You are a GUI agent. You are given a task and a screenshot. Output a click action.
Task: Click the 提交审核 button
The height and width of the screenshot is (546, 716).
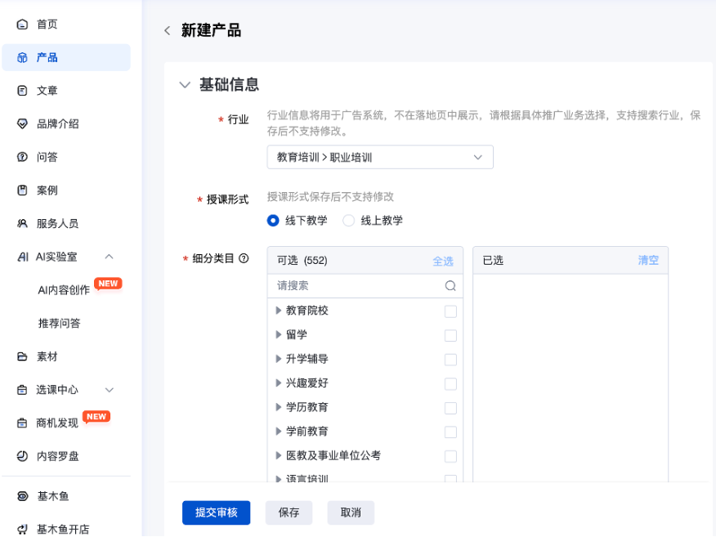point(216,512)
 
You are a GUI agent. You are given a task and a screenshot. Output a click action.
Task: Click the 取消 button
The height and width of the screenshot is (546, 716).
point(351,512)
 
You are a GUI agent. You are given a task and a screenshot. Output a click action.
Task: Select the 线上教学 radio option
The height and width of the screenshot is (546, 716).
point(349,221)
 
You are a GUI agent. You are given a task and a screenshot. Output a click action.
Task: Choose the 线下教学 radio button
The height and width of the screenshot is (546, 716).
point(274,221)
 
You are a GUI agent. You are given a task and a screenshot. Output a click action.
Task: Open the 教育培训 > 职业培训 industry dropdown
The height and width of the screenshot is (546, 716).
point(380,157)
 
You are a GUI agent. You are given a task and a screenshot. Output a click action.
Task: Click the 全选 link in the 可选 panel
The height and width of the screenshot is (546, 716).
point(443,261)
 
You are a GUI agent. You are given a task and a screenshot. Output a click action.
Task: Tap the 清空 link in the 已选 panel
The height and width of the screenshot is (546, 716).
point(648,260)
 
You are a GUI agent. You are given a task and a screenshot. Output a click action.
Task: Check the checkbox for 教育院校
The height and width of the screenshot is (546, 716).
point(450,311)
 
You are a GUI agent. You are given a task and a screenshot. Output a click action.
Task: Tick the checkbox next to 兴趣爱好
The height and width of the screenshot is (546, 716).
point(450,384)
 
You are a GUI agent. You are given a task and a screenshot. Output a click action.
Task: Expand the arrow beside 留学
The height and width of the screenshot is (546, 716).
point(279,335)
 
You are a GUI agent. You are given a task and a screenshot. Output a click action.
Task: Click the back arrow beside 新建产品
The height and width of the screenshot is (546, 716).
point(168,31)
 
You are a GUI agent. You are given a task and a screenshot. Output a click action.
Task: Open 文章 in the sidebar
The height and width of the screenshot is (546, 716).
point(47,91)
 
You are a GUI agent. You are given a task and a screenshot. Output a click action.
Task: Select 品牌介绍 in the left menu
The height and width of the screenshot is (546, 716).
point(57,124)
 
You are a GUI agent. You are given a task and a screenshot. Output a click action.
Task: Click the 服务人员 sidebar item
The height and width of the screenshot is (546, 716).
point(57,223)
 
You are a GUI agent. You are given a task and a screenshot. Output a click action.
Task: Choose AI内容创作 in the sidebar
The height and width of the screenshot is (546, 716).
point(64,290)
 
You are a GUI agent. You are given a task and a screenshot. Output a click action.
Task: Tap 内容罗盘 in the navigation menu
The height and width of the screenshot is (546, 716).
point(57,456)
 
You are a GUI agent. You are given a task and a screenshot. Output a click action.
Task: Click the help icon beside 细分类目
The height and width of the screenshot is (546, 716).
point(244,258)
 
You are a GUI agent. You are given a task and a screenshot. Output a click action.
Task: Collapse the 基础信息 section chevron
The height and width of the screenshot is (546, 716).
point(185,84)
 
